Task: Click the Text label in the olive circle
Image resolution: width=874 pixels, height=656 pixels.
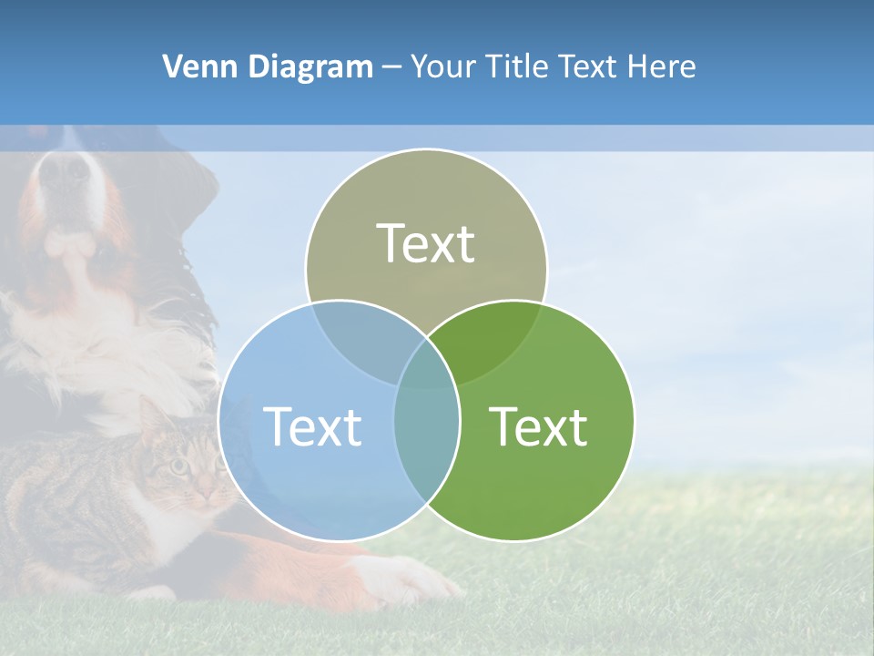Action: pyautogui.click(x=426, y=243)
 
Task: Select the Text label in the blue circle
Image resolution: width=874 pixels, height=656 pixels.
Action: pyautogui.click(x=312, y=426)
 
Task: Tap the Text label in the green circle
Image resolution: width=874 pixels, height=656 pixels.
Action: pyautogui.click(x=539, y=426)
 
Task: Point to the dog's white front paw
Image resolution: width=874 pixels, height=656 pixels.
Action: pyautogui.click(x=401, y=579)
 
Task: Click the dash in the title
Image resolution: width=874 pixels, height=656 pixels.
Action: pyautogui.click(x=391, y=67)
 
